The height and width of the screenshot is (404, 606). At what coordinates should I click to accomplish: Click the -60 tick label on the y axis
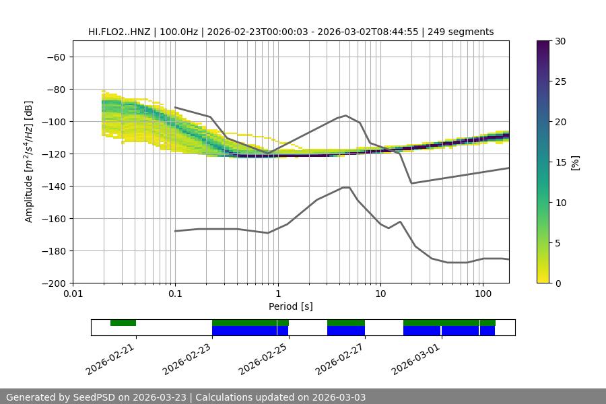pos(55,57)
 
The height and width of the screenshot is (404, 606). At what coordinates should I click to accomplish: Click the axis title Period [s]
pos(290,306)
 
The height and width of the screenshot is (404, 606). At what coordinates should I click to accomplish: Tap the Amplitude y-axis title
pos(29,162)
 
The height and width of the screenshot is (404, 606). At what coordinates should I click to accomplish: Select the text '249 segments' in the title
pos(465,32)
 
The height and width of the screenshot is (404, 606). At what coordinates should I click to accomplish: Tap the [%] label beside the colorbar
pos(574,162)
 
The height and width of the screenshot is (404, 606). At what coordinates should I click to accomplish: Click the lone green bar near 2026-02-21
pos(123,323)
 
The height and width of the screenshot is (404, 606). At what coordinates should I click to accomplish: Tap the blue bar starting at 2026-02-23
pos(244,331)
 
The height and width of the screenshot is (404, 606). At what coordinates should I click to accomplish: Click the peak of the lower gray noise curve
pos(346,187)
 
